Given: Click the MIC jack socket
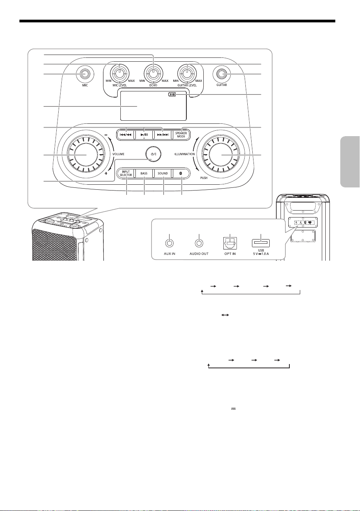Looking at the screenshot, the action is pos(85,74).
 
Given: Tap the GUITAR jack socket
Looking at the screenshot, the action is pos(221,74).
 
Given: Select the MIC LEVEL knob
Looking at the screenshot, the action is pos(120,74).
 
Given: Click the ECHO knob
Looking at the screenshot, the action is pos(154,74).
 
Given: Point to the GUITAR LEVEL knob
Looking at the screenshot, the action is pos(187,74).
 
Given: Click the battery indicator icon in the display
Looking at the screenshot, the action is pos(172,94).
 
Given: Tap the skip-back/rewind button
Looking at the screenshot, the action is pos(125,135).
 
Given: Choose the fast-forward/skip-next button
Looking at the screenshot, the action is pos(163,135).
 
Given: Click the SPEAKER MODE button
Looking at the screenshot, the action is pos(181,135).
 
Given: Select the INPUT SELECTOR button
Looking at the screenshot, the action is pos(126,174).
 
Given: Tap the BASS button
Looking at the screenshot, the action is pos(144,174).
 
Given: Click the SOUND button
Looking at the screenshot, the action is pos(163,174).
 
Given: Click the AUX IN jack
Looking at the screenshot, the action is pos(169,243).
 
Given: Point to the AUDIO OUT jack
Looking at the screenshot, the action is pos(199,243).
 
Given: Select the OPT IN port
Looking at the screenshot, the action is pos(230,243).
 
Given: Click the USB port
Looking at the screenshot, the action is pos(261,243).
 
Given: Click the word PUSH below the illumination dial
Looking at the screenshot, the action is pos(204,178).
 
